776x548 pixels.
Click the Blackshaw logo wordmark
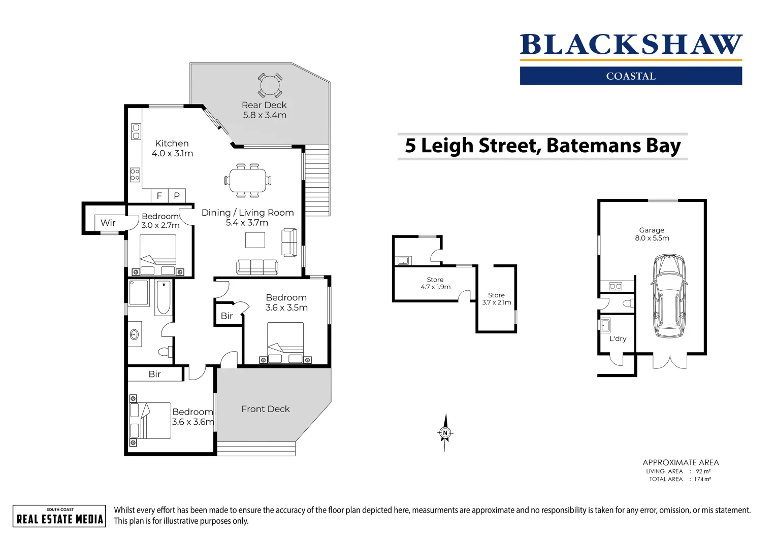631,45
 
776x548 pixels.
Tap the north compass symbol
445,433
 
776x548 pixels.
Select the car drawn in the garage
669,296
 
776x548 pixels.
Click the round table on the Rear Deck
269,85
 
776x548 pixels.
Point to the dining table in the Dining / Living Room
247,180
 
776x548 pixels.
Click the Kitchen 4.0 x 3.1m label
172,148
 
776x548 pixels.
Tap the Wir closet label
108,223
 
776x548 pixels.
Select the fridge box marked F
159,195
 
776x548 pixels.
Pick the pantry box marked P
177,195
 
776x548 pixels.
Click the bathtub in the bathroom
164,297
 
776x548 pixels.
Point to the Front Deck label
265,409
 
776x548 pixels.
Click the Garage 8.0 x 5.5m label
652,234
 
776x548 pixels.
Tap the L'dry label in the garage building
618,338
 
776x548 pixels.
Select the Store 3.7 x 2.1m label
496,299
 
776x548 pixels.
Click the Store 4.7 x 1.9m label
435,283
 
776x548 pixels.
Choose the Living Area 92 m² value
703,471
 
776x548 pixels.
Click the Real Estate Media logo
59,516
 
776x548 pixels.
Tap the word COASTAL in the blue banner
631,76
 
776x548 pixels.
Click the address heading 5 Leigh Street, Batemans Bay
542,146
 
